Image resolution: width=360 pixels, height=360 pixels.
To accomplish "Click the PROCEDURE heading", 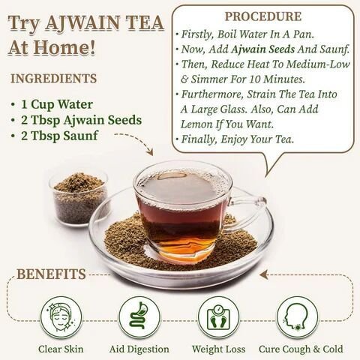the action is pyautogui.click(x=263, y=16).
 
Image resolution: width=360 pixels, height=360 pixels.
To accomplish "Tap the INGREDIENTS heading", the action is pyautogui.click(x=53, y=79).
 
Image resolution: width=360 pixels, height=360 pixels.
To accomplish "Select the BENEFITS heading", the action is pyautogui.click(x=51, y=274).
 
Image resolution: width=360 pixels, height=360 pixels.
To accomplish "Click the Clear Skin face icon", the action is pyautogui.click(x=61, y=317).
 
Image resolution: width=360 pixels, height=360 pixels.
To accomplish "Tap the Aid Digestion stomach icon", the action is pyautogui.click(x=139, y=317).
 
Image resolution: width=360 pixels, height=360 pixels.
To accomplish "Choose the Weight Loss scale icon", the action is pyautogui.click(x=218, y=317).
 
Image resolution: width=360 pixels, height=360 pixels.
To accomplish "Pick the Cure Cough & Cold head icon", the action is pyautogui.click(x=297, y=317).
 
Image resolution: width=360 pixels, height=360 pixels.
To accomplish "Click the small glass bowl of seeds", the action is pyautogui.click(x=79, y=198).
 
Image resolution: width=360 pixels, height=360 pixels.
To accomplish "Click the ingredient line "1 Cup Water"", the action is pyautogui.click(x=57, y=104).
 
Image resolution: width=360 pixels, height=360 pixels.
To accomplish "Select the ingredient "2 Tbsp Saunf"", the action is pyautogui.click(x=59, y=136).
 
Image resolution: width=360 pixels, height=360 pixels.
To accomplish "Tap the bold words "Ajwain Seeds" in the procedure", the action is pyautogui.click(x=262, y=49).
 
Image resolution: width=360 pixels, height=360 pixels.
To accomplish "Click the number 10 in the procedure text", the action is pyautogui.click(x=255, y=79).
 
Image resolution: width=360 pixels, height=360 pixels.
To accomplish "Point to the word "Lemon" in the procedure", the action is pyautogui.click(x=196, y=124).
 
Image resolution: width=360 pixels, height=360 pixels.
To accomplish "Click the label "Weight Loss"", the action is pyautogui.click(x=218, y=349).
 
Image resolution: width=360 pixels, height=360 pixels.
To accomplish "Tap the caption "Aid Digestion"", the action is pyautogui.click(x=139, y=349).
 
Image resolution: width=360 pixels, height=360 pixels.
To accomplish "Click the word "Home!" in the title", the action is pyautogui.click(x=65, y=47).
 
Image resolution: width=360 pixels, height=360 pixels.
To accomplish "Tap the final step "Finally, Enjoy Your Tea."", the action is pyautogui.click(x=237, y=139).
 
